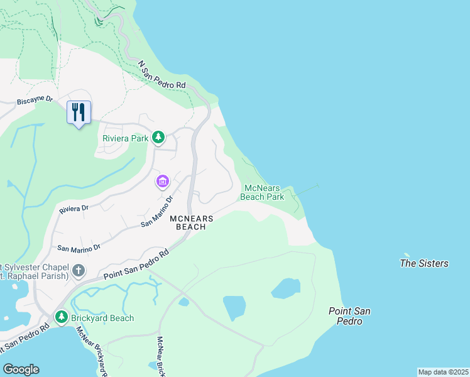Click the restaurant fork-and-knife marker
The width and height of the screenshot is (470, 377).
[79, 112]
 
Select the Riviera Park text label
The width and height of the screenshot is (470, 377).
[125, 138]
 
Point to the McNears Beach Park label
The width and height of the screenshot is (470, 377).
[264, 192]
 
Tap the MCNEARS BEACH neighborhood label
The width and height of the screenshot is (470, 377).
[192, 222]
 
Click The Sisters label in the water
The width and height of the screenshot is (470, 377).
[424, 263]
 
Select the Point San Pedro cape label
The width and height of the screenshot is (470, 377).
[345, 316]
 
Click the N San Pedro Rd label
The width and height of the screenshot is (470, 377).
[162, 75]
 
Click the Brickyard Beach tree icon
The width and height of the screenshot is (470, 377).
[61, 317]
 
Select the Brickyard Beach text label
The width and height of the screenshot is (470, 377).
[102, 318]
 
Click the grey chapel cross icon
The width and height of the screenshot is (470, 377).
[78, 271]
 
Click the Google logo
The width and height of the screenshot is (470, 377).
[21, 369]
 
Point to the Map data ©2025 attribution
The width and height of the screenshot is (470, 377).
[443, 372]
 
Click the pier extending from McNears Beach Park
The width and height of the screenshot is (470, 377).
[307, 190]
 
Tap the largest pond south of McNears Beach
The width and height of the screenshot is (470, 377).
[234, 308]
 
